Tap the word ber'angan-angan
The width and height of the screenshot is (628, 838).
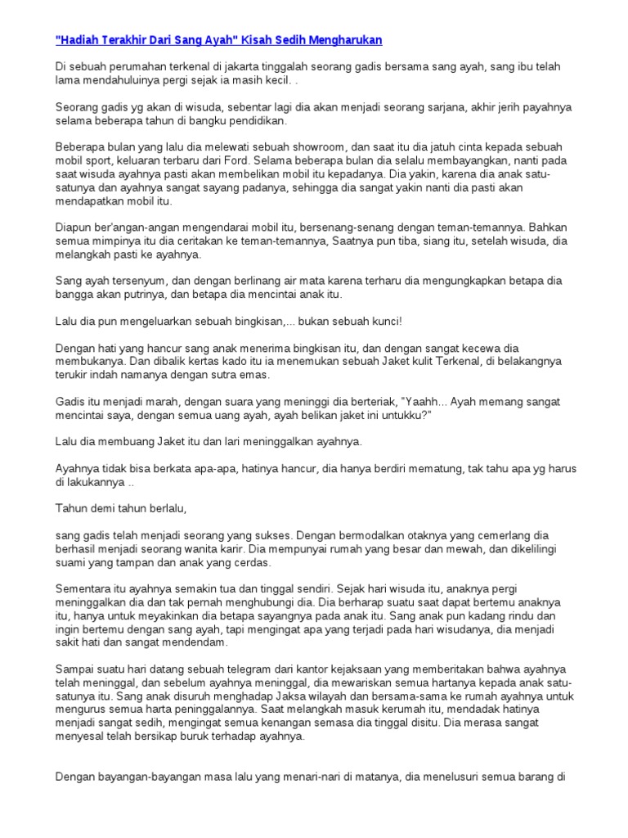pos(131,228)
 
